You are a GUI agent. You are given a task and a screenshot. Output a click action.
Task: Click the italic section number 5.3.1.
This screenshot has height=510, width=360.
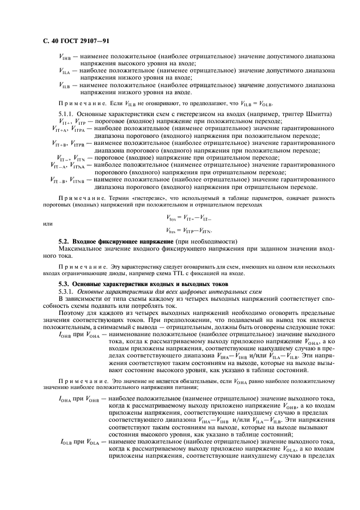(x=68, y=292)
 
